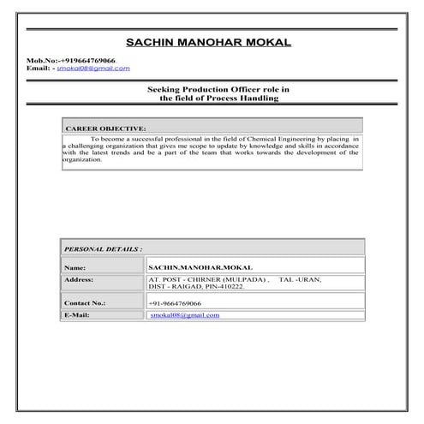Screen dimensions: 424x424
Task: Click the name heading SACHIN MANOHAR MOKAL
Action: click(x=207, y=42)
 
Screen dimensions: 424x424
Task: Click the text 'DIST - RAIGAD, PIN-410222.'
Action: click(x=196, y=286)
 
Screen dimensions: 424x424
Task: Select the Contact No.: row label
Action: click(x=84, y=303)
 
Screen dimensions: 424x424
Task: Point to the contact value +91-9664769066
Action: click(x=175, y=303)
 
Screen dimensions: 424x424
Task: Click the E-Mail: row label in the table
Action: click(x=77, y=315)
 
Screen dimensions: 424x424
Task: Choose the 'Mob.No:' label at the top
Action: click(x=41, y=61)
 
